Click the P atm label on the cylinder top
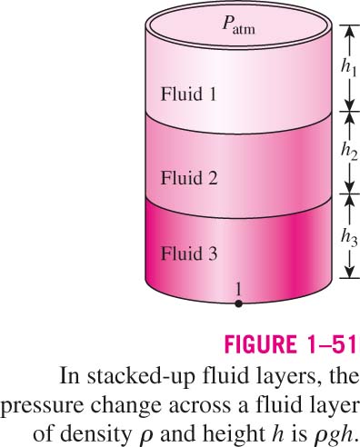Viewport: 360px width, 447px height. (x=238, y=25)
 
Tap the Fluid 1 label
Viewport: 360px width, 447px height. (x=189, y=94)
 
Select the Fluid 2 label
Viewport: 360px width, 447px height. (x=189, y=177)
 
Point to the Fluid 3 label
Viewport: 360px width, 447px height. (x=189, y=253)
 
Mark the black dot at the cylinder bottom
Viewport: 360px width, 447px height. (x=238, y=303)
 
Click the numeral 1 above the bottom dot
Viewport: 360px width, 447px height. (x=238, y=290)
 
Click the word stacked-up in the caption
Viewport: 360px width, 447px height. (x=140, y=376)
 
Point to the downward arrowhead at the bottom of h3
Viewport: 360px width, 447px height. (x=350, y=272)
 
